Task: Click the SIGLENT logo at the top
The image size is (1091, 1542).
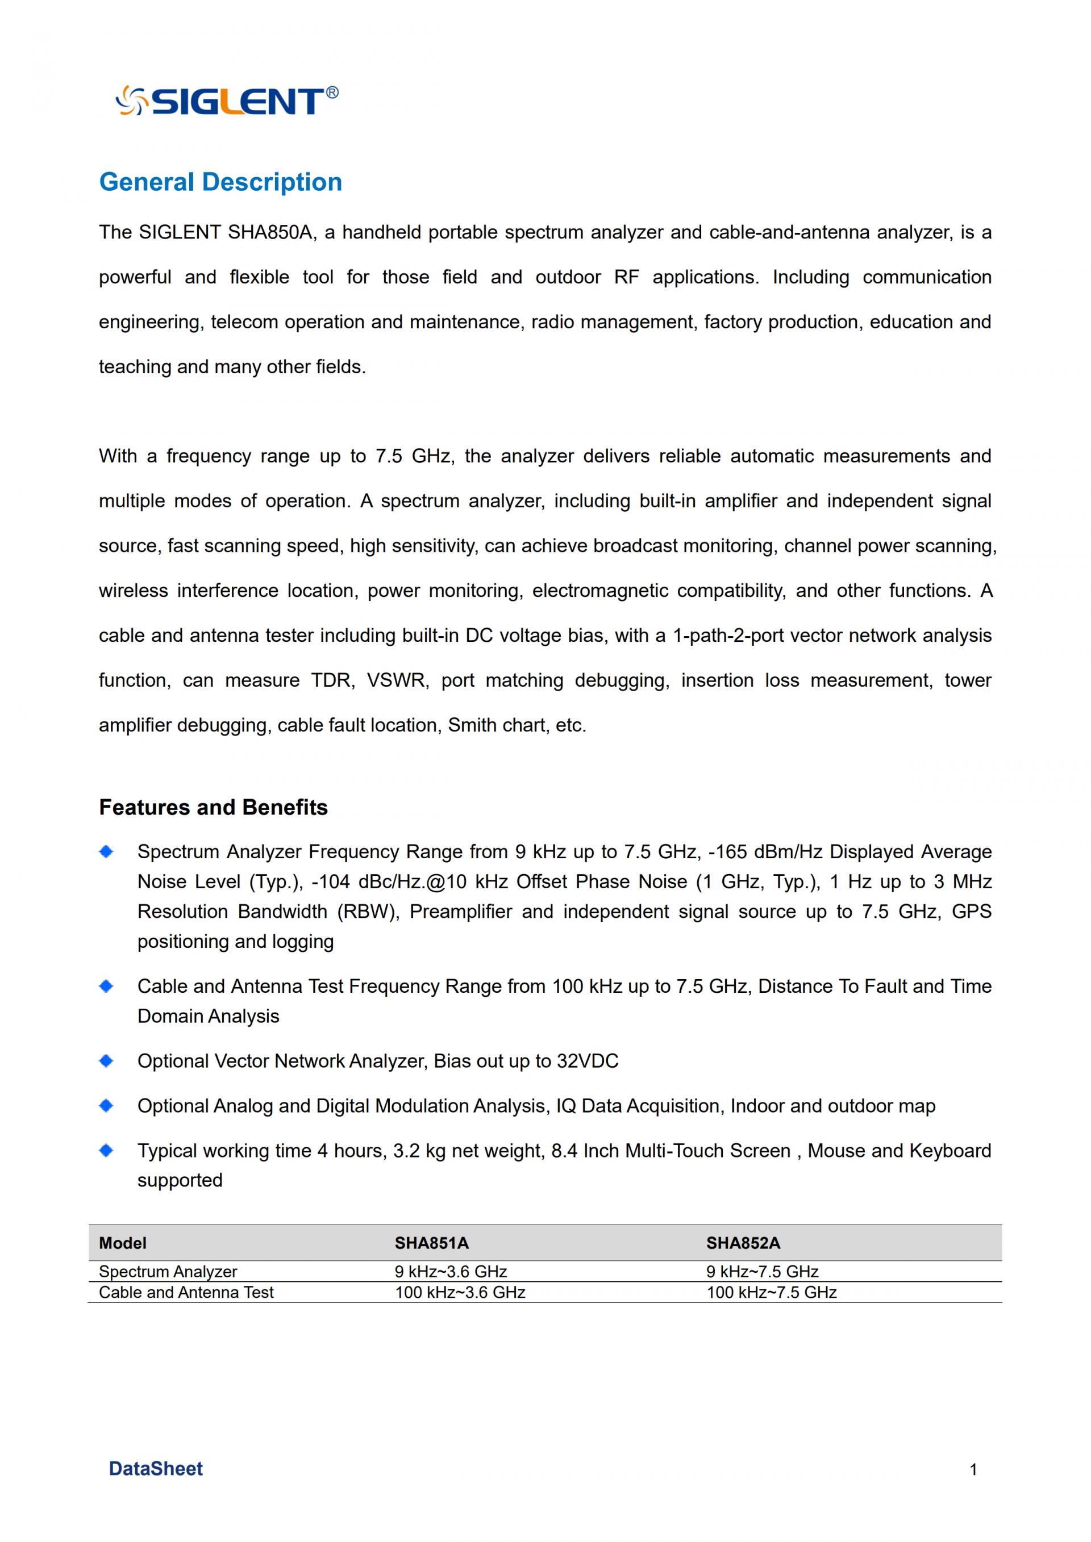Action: pyautogui.click(x=227, y=101)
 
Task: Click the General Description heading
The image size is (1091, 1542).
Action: pyautogui.click(x=220, y=182)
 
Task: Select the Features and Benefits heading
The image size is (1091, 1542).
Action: pyautogui.click(x=213, y=806)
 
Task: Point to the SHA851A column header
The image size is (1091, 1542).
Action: pyautogui.click(x=431, y=1243)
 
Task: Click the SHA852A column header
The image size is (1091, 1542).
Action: pyautogui.click(x=743, y=1243)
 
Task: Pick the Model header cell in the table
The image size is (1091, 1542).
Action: pyautogui.click(x=122, y=1243)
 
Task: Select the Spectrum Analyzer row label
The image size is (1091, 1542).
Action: pyautogui.click(x=168, y=1271)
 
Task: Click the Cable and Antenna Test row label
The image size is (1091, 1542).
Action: pyautogui.click(x=186, y=1292)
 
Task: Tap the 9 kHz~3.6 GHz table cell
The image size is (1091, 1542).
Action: pyautogui.click(x=451, y=1271)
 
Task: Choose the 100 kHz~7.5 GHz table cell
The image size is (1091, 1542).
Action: pyautogui.click(x=771, y=1292)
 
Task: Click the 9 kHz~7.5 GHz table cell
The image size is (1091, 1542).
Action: pyautogui.click(x=763, y=1271)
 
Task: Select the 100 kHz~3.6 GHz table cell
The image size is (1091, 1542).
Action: pyautogui.click(x=460, y=1292)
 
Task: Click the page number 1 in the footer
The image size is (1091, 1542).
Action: pyautogui.click(x=973, y=1470)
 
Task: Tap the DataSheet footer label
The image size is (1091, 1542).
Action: pyautogui.click(x=155, y=1469)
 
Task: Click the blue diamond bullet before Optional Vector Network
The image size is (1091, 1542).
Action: pyautogui.click(x=106, y=1061)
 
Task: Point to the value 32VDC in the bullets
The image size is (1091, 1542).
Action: pyautogui.click(x=587, y=1061)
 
